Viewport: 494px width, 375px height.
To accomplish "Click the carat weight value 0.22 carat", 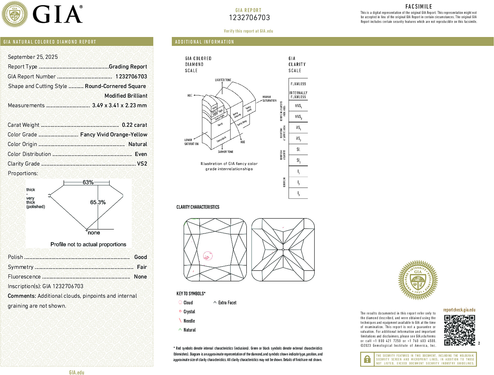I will click(134, 125).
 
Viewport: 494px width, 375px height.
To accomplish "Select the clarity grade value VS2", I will click(142, 164).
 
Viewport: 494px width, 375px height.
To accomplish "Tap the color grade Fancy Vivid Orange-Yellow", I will click(114, 135).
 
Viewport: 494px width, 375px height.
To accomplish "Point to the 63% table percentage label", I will click(88, 182).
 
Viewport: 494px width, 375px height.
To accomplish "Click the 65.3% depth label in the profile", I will click(98, 202).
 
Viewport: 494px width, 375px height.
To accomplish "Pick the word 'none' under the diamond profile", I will click(94, 233).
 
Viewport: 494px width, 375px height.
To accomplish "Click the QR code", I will click(459, 330).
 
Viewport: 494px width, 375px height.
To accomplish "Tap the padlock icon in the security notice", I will click(367, 359).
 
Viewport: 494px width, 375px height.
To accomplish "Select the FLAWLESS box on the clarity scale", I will click(298, 84).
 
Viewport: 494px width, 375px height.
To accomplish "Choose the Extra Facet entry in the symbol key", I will click(227, 303).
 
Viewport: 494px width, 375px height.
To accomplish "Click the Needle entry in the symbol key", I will click(189, 321).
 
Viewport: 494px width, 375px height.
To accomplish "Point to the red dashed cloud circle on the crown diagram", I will click(208, 256).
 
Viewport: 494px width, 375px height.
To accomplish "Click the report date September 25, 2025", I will click(33, 57).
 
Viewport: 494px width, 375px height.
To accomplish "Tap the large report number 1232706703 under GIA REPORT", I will click(249, 18).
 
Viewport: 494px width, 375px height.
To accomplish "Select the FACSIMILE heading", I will click(419, 7).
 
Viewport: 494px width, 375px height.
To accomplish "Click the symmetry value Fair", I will click(142, 267).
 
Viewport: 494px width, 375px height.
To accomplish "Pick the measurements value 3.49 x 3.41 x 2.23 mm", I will click(119, 105).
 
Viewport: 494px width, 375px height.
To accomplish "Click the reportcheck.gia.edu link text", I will click(459, 310).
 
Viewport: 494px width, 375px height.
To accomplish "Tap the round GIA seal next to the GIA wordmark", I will click(15, 14).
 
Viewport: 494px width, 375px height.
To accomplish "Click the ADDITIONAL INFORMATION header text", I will click(204, 42).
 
